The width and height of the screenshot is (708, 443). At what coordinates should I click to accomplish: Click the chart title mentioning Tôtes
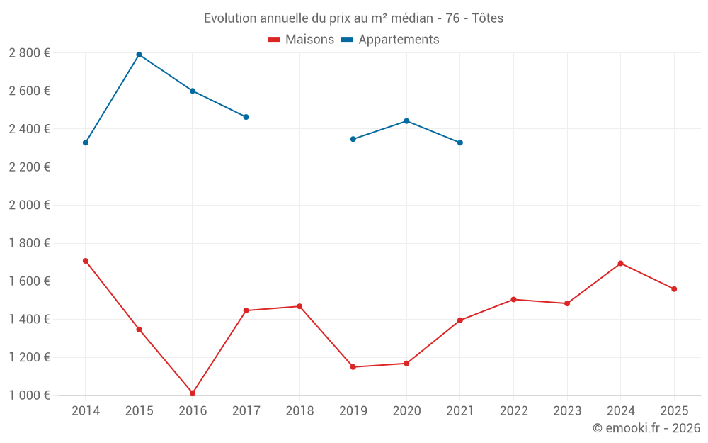[x=353, y=18]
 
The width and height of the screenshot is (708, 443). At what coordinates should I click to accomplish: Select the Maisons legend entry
[x=301, y=40]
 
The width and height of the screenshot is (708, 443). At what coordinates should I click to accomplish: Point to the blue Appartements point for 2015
[x=139, y=55]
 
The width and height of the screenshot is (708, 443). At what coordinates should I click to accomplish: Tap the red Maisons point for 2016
[x=193, y=393]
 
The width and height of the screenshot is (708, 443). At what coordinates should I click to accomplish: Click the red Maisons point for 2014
[x=86, y=261]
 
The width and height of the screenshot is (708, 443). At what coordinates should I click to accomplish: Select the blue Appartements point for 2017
[x=246, y=117]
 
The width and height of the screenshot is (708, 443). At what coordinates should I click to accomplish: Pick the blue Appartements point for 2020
[x=406, y=121]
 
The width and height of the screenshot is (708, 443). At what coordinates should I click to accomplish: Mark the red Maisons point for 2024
[x=620, y=263]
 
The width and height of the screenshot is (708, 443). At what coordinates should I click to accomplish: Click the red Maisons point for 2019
[x=353, y=367]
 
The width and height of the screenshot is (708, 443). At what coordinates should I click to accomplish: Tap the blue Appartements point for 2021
[x=460, y=142]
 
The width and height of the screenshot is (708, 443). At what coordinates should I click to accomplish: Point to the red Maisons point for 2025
[x=674, y=289]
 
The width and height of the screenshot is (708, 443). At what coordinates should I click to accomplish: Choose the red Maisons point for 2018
[x=299, y=306]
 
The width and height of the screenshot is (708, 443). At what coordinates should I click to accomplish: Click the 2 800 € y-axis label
[x=29, y=53]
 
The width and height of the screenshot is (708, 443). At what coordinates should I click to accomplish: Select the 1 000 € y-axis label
[x=29, y=396]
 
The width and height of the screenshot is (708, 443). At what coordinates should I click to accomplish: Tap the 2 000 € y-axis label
[x=29, y=206]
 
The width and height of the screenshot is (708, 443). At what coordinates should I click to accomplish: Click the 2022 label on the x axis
[x=513, y=411]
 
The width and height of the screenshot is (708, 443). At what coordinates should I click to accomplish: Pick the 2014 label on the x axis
[x=86, y=411]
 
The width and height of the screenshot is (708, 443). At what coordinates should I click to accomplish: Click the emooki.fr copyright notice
[x=646, y=428]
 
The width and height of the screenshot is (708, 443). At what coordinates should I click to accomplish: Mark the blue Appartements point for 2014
[x=86, y=142]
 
